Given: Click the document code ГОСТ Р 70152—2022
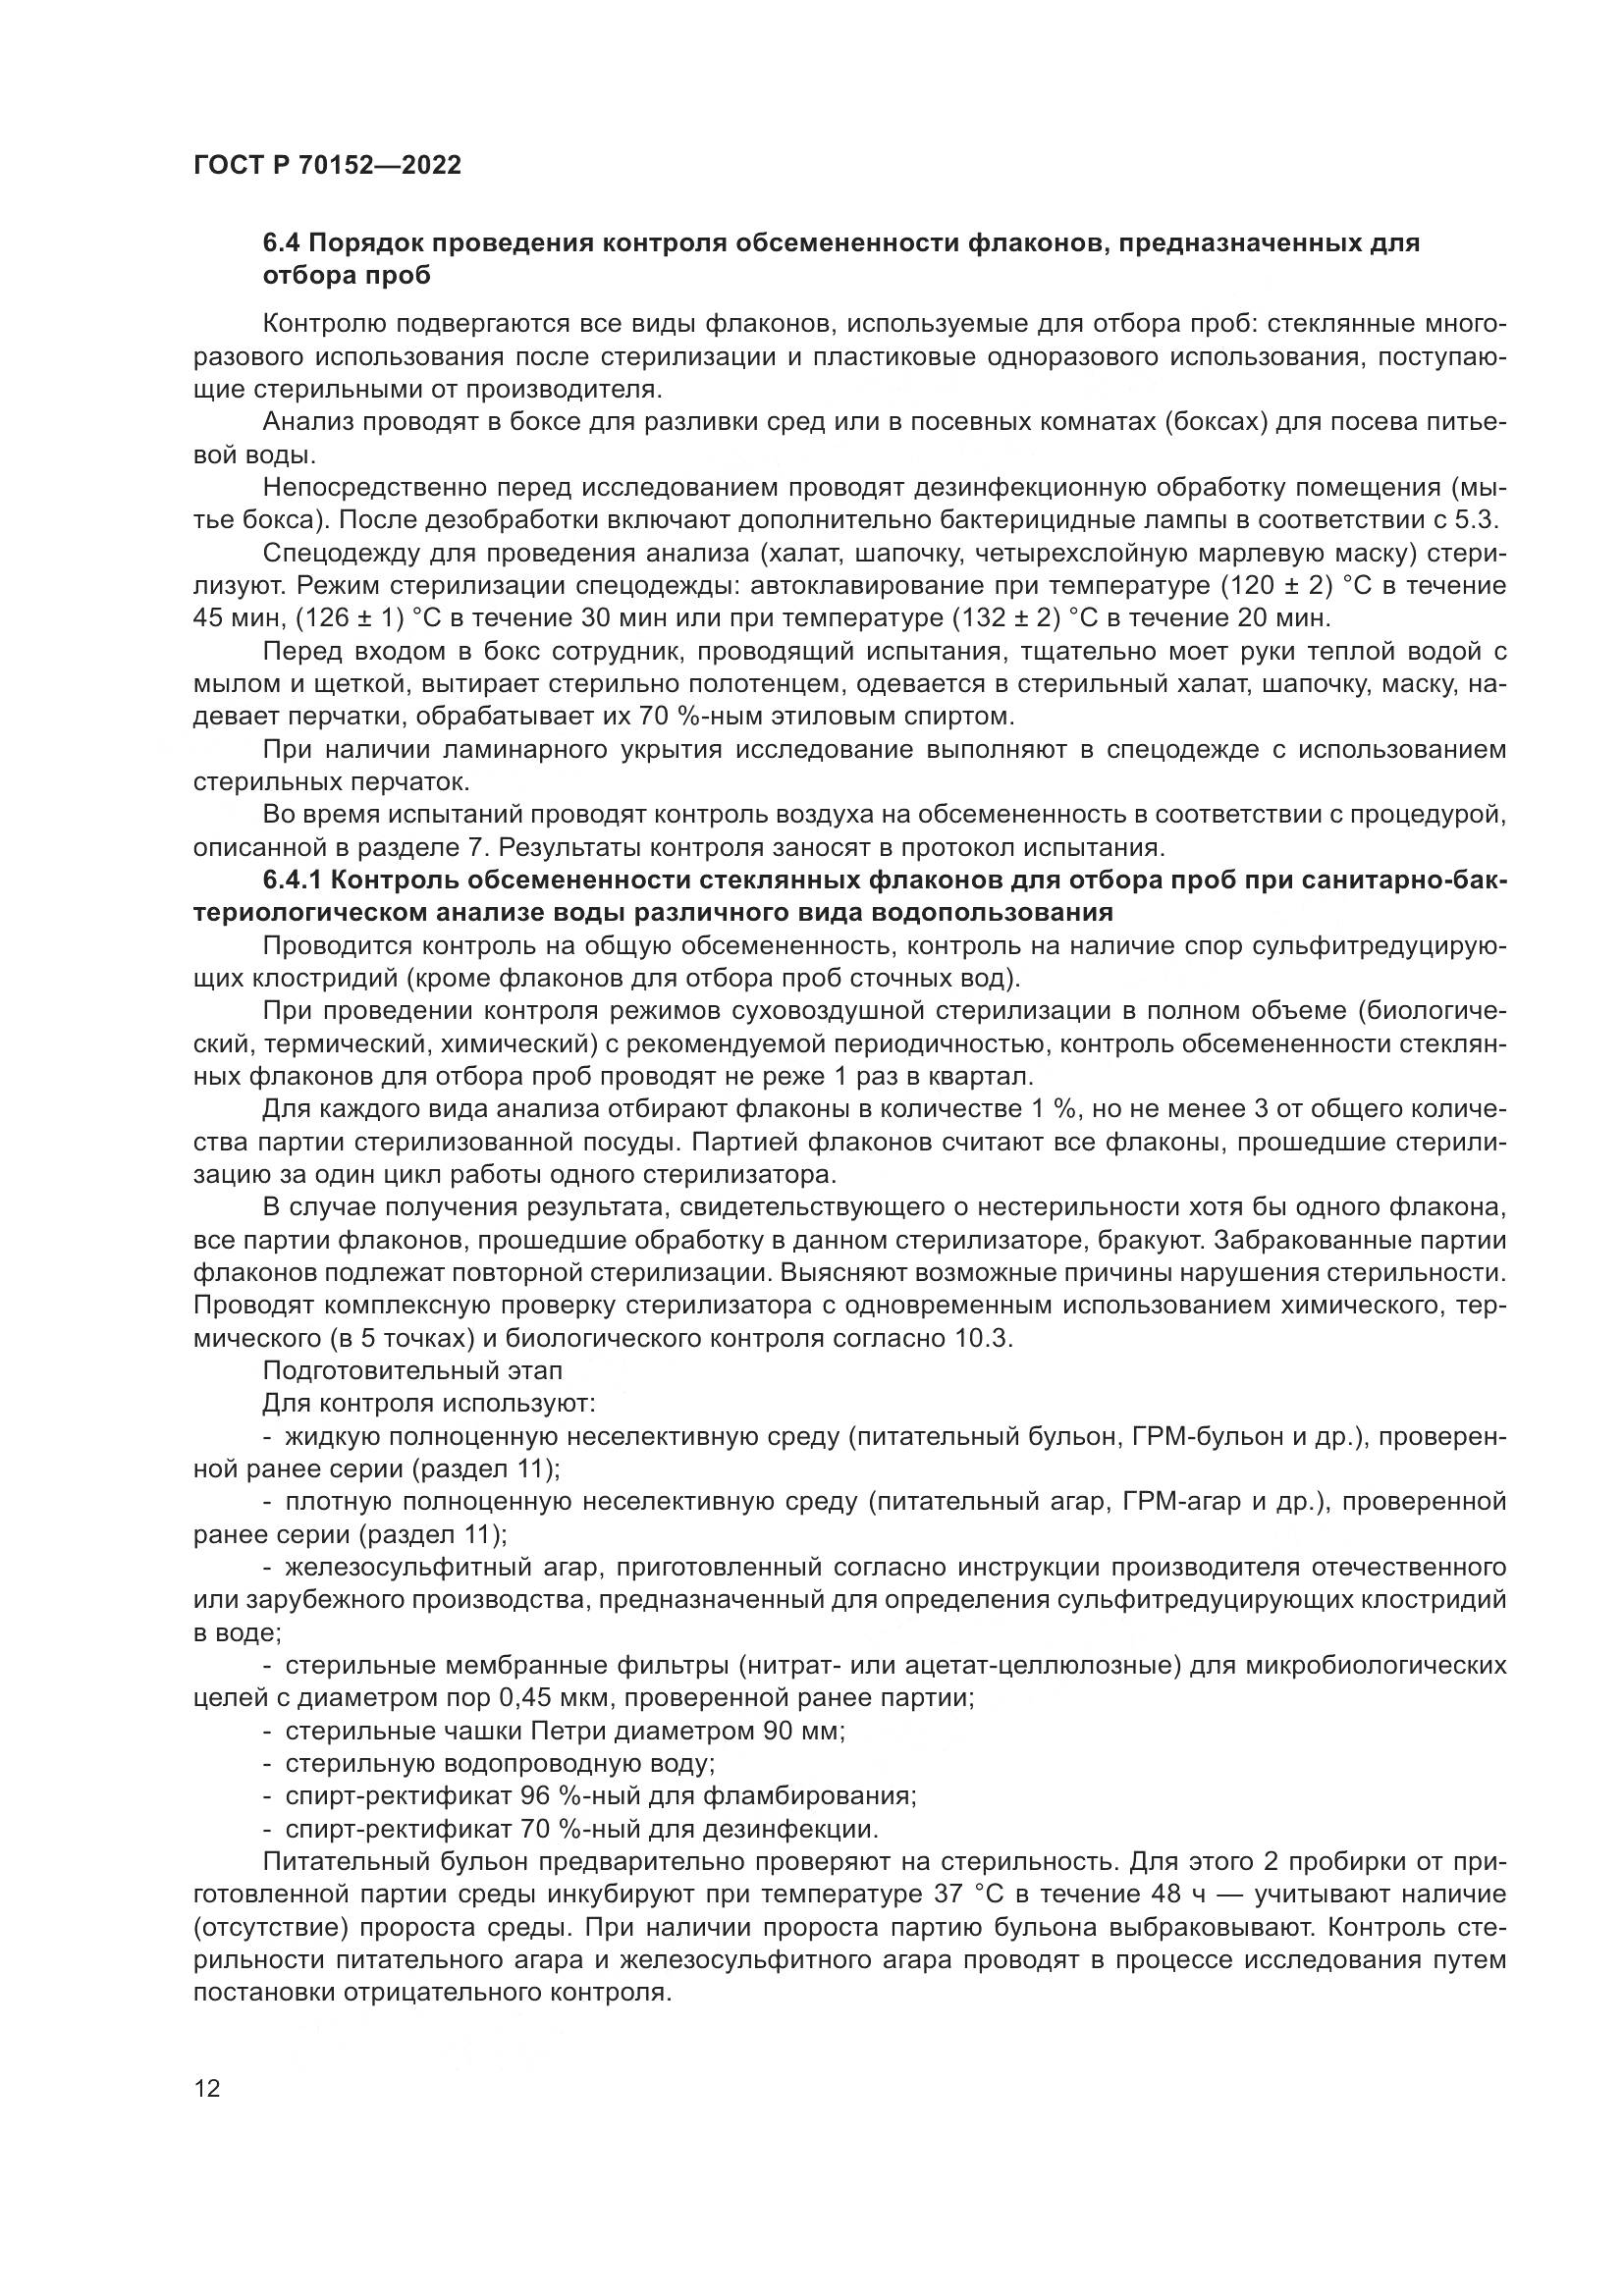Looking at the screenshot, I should (x=327, y=165).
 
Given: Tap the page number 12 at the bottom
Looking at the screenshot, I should (x=207, y=2089).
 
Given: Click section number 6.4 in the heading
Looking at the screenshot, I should (x=283, y=243).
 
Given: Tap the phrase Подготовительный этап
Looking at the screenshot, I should (x=412, y=1371).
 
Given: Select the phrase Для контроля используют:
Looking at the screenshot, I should (x=429, y=1404).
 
